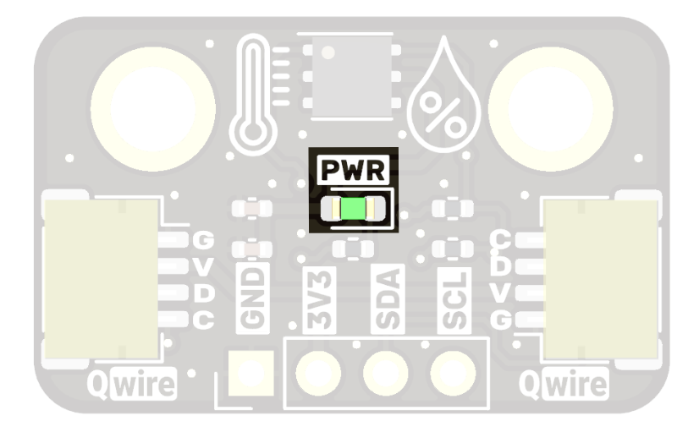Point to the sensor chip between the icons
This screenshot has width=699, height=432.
click(x=350, y=69)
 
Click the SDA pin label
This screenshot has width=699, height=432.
click(x=384, y=298)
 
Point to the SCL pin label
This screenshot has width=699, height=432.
click(x=451, y=298)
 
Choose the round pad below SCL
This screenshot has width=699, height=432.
click(x=451, y=370)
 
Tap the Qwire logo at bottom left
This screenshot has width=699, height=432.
click(x=133, y=386)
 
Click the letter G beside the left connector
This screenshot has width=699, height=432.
click(x=203, y=241)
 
